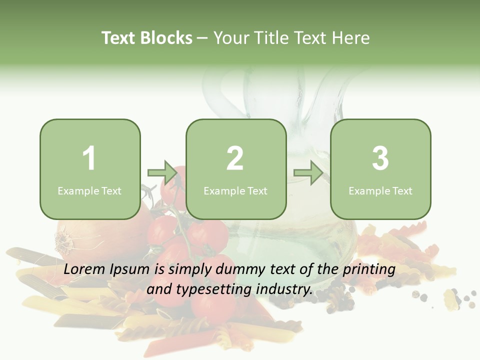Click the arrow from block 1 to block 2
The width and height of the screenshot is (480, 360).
[x=163, y=173]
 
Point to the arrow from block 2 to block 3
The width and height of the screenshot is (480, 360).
[x=308, y=173]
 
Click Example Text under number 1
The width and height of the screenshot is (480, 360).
[x=89, y=190]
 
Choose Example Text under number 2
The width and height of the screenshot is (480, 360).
[x=235, y=190]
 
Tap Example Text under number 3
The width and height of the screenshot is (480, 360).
[x=380, y=190]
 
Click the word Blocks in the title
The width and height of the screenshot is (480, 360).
[x=166, y=38]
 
